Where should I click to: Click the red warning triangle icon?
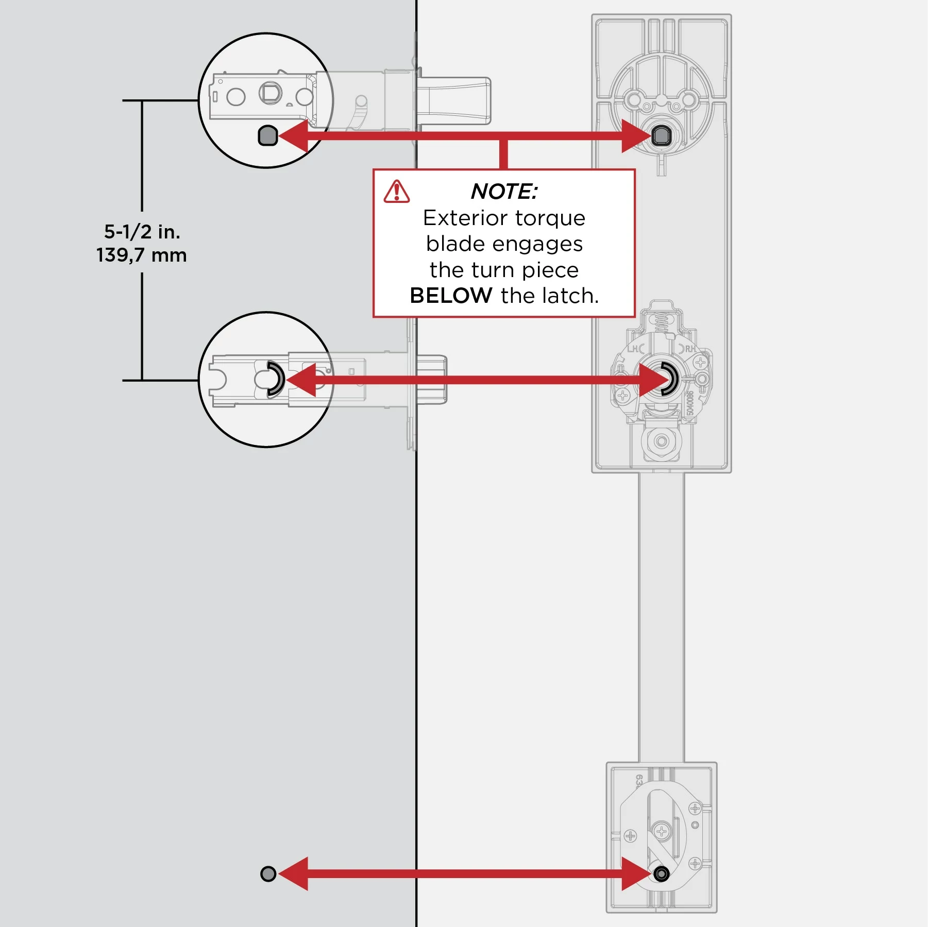pyautogui.click(x=396, y=192)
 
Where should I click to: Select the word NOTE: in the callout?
pyautogui.click(x=504, y=192)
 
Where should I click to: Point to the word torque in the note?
pyautogui.click(x=550, y=218)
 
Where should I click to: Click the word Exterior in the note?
pyautogui.click(x=465, y=218)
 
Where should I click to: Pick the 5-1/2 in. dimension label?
pyautogui.click(x=142, y=232)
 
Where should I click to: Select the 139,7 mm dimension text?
pyautogui.click(x=142, y=255)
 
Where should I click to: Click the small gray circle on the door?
pyautogui.click(x=268, y=873)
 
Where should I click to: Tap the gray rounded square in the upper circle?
pyautogui.click(x=267, y=136)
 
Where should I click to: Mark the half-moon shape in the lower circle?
pyautogui.click(x=276, y=379)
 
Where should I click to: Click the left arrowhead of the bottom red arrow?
pyautogui.click(x=294, y=873)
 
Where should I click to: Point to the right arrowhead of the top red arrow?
pyautogui.click(x=636, y=136)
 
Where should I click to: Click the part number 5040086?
pyautogui.click(x=690, y=403)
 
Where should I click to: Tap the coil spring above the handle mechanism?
pyautogui.click(x=662, y=323)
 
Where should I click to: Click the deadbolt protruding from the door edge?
pyautogui.click(x=453, y=101)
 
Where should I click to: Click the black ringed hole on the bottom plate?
pyautogui.click(x=662, y=873)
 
